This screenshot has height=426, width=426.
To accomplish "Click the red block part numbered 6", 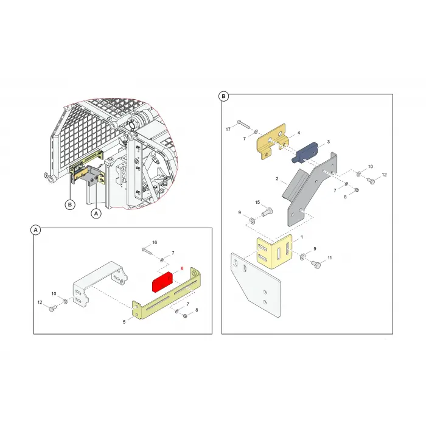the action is click(x=162, y=282).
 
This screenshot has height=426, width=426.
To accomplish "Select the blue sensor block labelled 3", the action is click(x=304, y=152).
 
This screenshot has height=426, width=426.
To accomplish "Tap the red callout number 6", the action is click(x=182, y=268).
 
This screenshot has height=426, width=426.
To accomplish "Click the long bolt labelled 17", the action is click(x=243, y=124).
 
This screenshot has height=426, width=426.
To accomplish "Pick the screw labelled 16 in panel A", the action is click(x=147, y=251).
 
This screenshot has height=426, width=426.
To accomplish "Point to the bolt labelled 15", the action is click(x=267, y=212).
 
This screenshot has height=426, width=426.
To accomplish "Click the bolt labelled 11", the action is click(x=315, y=264).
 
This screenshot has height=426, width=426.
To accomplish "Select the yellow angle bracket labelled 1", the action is click(x=274, y=251).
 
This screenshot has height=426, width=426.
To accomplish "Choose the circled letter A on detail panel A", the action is click(x=35, y=230).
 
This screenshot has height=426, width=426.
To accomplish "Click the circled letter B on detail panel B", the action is click(x=223, y=96).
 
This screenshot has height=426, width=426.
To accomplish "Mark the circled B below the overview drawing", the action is click(x=70, y=204).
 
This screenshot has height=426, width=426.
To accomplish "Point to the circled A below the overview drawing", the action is click(x=96, y=214).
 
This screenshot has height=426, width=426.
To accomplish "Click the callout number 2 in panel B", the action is click(x=277, y=178).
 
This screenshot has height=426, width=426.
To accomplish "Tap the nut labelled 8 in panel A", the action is click(x=185, y=316).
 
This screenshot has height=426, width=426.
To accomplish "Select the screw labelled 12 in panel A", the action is click(x=52, y=309).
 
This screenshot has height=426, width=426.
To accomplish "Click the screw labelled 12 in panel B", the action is click(x=371, y=180).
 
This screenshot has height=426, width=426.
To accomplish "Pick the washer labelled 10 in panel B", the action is click(x=359, y=173).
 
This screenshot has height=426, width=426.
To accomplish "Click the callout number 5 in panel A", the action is click(x=124, y=322).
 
